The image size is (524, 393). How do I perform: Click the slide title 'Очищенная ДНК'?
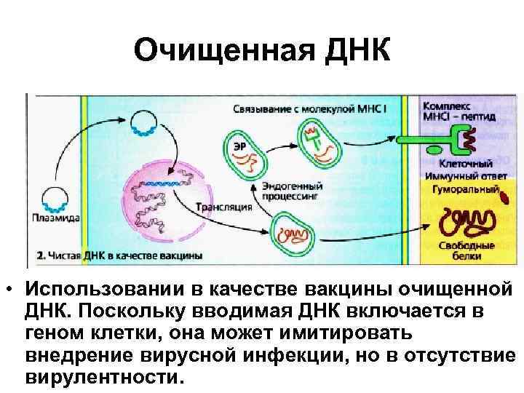pos(263,51)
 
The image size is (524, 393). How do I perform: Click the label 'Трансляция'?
pos(223,207)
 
